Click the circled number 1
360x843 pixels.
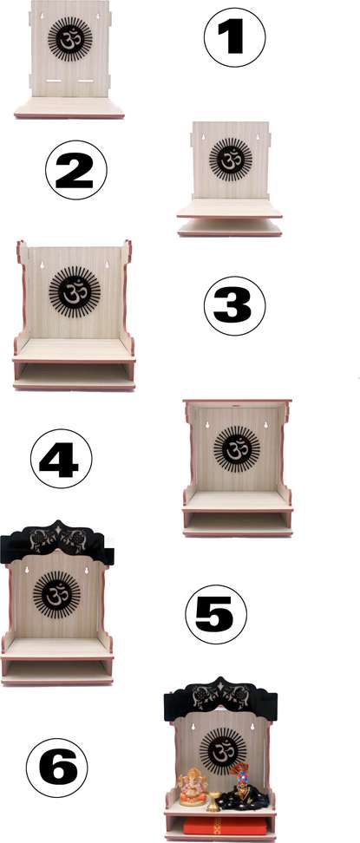pyautogui.click(x=234, y=38)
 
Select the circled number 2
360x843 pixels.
pyautogui.click(x=75, y=169)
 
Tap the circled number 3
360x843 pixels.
pyautogui.click(x=234, y=306)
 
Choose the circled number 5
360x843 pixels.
pyautogui.click(x=216, y=614)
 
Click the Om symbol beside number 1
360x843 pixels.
pyautogui.click(x=68, y=37)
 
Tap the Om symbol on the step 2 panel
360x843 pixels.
pyautogui.click(x=230, y=160)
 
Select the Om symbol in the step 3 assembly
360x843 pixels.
pyautogui.click(x=74, y=290)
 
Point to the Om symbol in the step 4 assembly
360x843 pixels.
pyautogui.click(x=236, y=449)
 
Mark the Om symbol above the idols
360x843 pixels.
pyautogui.click(x=220, y=748)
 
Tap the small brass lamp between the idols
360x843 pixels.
pyautogui.click(x=213, y=801)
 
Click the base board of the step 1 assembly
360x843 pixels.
pyautogui.click(x=69, y=108)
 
